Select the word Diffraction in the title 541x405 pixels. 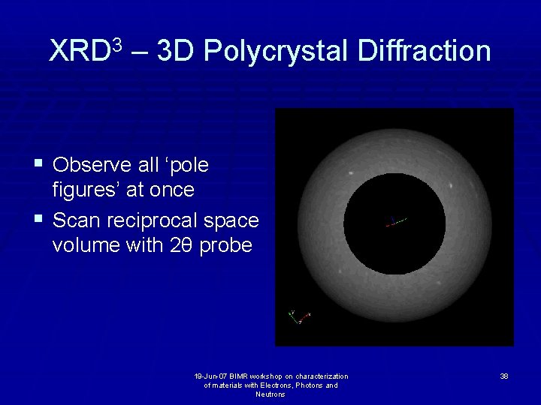[425, 51]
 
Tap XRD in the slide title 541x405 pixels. [78, 52]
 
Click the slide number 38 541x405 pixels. [503, 376]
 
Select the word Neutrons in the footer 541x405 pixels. [270, 394]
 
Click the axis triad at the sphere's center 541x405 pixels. [395, 221]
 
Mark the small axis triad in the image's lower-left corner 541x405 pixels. [299, 316]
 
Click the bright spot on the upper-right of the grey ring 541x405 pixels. [450, 185]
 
